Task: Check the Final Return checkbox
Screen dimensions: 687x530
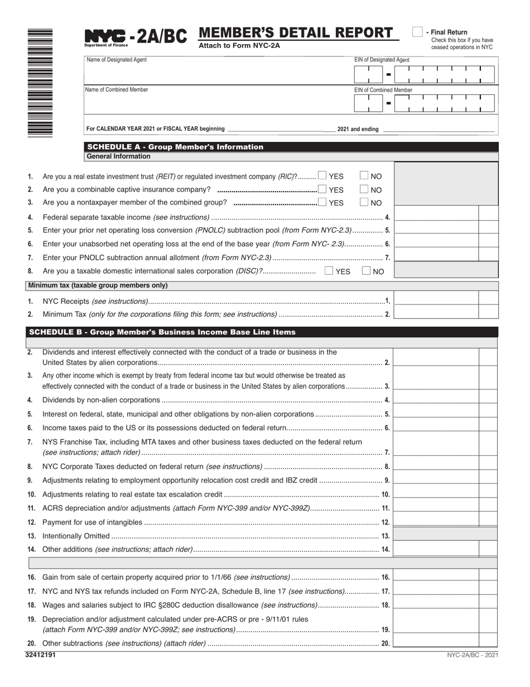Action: click(417, 32)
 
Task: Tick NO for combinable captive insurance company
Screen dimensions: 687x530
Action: click(364, 189)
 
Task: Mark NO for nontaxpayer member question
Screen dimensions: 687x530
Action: click(364, 202)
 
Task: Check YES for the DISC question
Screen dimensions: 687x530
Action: click(329, 271)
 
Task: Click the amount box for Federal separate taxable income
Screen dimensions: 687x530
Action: click(436, 217)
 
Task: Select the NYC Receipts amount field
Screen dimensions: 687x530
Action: click(436, 300)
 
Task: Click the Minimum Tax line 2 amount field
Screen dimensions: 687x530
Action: click(436, 314)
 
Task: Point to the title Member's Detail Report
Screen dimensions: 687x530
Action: click(295, 33)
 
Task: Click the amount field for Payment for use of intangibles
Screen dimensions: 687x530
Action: click(436, 522)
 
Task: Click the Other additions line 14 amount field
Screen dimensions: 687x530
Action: click(436, 549)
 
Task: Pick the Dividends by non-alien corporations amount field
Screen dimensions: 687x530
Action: click(436, 399)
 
